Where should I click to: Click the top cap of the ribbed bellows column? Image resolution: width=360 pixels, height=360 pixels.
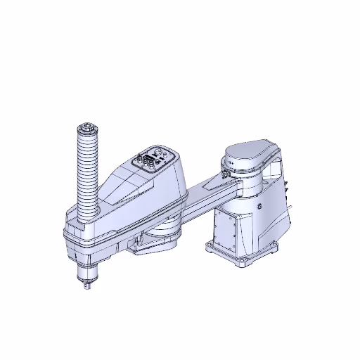[86, 128]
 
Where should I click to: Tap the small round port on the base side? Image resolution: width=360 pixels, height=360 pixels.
[259, 207]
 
